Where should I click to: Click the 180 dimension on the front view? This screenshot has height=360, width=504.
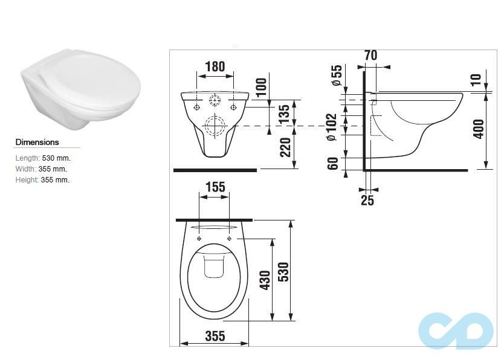click(215, 66)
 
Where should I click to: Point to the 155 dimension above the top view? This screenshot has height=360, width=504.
click(215, 187)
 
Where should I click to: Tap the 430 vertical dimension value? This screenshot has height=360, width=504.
click(265, 280)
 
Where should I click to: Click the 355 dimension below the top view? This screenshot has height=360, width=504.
click(215, 336)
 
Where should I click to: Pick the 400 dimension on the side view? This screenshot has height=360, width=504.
click(479, 128)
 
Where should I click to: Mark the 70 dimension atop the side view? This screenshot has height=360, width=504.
click(370, 55)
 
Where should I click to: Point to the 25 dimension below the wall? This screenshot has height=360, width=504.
click(367, 201)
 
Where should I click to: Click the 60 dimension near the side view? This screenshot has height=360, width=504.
click(332, 164)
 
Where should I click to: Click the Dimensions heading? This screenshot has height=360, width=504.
click(37, 143)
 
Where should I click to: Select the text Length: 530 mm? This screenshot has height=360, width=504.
click(43, 158)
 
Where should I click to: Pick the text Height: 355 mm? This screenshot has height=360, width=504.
click(42, 180)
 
